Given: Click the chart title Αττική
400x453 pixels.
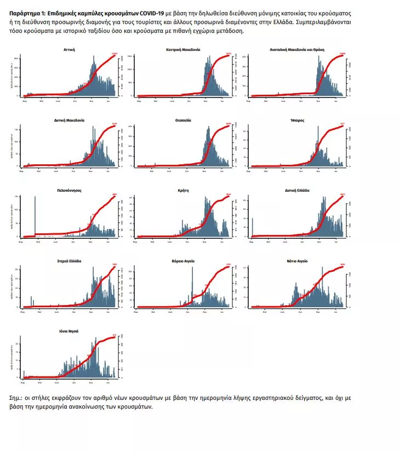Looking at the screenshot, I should tap(69, 49).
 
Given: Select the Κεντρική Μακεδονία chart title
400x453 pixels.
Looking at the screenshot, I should tap(183, 49).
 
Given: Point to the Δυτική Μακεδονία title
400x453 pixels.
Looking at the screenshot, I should tap(69, 120).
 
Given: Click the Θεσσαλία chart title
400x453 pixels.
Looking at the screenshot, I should tap(183, 120).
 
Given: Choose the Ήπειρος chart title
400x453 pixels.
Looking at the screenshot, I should tap(298, 120).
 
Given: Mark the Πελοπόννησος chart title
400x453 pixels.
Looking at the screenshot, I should tap(69, 191).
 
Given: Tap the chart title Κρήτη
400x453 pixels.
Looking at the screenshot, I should tap(183, 191).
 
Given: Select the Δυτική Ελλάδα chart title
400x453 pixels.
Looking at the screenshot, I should tap(298, 191).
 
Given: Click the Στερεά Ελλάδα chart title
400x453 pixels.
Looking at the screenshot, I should tap(69, 261).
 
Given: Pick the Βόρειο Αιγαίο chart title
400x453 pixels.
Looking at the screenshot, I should tap(183, 261).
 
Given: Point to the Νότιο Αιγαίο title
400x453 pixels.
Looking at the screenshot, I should tap(298, 261).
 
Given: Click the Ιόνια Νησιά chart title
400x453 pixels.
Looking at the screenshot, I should tap(69, 331).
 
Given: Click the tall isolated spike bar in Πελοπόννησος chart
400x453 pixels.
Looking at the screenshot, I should tap(35, 216).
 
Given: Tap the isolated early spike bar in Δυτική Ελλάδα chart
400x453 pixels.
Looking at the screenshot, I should tap(253, 227).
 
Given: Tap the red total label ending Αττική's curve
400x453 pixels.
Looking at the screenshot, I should tap(115, 54).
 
